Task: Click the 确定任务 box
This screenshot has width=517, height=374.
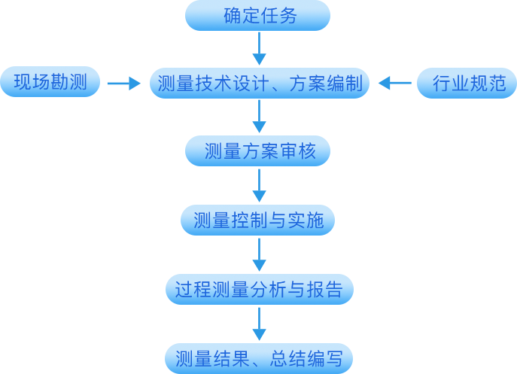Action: (x=258, y=16)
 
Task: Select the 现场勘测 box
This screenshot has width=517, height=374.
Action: (x=50, y=84)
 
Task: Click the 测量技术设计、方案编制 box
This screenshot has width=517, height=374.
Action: (x=259, y=84)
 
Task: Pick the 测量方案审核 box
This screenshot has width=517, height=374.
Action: (x=258, y=152)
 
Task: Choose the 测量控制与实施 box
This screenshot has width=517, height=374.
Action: (x=258, y=220)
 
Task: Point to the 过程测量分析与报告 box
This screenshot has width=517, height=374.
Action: (x=259, y=290)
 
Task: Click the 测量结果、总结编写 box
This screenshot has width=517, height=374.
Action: (x=259, y=358)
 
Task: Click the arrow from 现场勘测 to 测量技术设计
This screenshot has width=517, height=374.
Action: (x=124, y=84)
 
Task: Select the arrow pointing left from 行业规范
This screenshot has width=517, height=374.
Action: (x=395, y=84)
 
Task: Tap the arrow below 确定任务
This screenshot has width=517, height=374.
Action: (x=259, y=50)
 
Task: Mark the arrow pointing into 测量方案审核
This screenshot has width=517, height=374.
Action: (x=259, y=118)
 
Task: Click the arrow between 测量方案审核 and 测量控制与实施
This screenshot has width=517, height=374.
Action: (x=259, y=187)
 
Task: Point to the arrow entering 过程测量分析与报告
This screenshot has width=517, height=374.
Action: (x=259, y=255)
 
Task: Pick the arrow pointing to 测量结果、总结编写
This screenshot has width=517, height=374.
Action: (x=259, y=324)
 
